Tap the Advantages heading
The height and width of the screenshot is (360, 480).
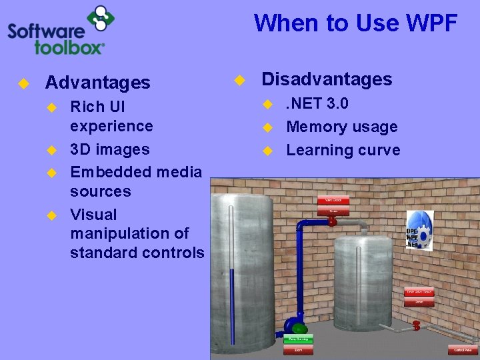click(x=97, y=83)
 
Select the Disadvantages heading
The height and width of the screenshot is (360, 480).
click(x=327, y=79)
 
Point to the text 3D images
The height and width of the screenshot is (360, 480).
click(x=110, y=149)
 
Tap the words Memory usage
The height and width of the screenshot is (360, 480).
click(x=342, y=127)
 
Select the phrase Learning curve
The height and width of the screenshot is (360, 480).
click(x=343, y=150)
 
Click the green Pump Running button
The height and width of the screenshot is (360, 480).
click(x=299, y=339)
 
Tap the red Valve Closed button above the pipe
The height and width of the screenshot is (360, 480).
click(x=333, y=200)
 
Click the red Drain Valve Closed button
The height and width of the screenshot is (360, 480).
click(x=419, y=292)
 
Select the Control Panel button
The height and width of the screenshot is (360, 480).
click(x=463, y=350)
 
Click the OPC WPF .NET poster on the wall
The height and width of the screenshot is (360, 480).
click(x=419, y=231)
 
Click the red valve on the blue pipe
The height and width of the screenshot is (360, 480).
click(x=333, y=221)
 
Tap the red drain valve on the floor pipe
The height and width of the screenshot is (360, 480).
click(x=416, y=325)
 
